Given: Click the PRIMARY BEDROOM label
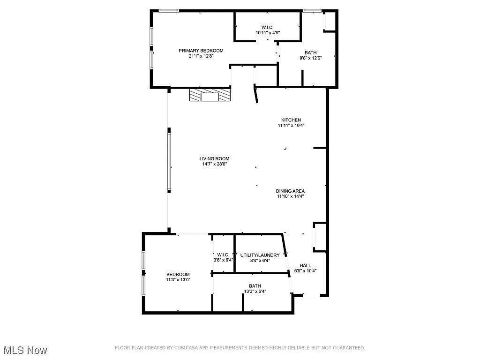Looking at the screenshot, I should click(201, 51).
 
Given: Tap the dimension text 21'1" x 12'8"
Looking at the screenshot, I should click(201, 56).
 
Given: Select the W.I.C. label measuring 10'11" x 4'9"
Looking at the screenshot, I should click(267, 27).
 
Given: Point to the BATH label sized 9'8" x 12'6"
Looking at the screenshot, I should click(310, 52).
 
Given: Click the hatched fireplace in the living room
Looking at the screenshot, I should click(210, 96).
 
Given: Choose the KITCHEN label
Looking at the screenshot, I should click(291, 120).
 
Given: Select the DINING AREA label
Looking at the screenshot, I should click(290, 191).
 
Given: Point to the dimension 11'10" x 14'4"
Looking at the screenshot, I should click(290, 196).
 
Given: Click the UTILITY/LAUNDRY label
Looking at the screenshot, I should click(260, 255).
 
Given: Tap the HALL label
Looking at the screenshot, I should click(305, 265).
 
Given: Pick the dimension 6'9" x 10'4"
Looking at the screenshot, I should click(305, 271).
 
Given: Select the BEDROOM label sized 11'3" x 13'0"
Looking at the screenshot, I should click(178, 274).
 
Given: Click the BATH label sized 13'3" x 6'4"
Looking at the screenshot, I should click(255, 286).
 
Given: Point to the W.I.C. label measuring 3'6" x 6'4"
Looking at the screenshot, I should click(222, 255).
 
